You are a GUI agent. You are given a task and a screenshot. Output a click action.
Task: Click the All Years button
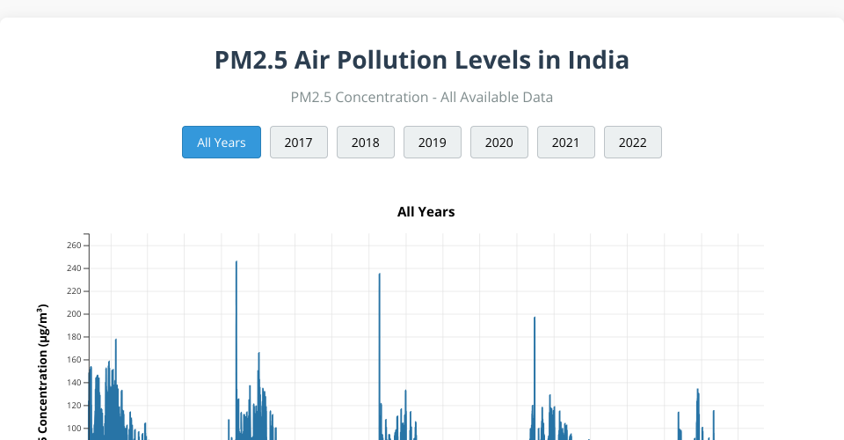[222, 143]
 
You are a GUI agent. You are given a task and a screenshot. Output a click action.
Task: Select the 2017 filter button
[299, 143]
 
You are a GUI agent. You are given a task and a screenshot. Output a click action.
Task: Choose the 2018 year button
[366, 143]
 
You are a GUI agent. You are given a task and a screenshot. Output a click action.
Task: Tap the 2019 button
[433, 143]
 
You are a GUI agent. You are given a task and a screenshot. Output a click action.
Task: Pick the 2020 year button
[499, 143]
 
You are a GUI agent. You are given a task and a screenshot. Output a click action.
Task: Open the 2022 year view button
[633, 143]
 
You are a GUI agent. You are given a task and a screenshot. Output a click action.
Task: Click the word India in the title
[598, 61]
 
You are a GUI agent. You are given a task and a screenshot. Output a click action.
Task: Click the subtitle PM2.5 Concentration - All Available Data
[422, 97]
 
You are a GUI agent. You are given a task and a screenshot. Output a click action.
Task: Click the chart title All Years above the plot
[426, 212]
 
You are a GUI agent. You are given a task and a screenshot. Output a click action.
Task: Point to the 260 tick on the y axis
[73, 246]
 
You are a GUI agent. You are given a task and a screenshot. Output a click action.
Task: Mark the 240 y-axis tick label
[73, 268]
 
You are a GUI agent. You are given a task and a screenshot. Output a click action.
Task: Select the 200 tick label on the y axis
[73, 314]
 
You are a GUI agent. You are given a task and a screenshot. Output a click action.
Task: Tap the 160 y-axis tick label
[73, 360]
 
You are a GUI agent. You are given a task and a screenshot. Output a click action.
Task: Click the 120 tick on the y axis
[73, 406]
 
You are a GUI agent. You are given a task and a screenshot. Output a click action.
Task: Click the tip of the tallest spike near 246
[236, 262]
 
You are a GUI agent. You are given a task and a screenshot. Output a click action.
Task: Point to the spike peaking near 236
[380, 275]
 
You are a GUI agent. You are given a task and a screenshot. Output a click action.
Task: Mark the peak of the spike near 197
[535, 318]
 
